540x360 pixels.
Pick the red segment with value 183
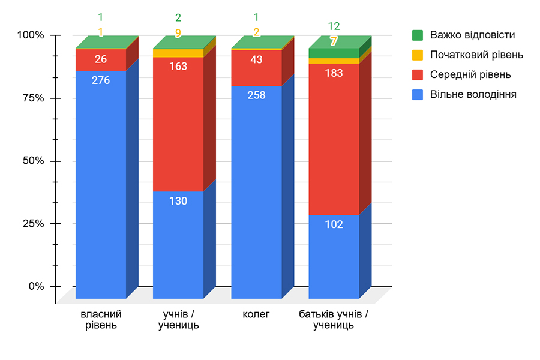click(334, 138)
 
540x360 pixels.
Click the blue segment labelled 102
click(334, 255)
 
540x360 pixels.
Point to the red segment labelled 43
click(256, 68)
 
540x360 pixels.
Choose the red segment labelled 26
click(101, 60)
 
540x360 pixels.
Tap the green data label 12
click(334, 26)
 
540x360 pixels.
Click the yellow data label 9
click(178, 34)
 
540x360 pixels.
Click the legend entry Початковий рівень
click(468, 55)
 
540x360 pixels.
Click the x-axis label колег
click(256, 314)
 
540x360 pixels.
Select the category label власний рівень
click(101, 320)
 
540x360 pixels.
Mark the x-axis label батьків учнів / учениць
click(334, 320)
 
